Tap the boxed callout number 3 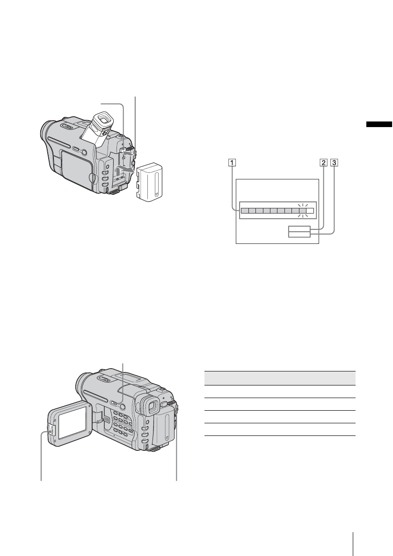click(x=333, y=164)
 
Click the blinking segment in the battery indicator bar click(x=302, y=211)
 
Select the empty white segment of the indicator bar click(x=310, y=211)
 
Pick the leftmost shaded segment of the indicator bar click(x=244, y=211)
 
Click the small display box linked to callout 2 click(x=298, y=228)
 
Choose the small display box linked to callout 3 click(x=298, y=234)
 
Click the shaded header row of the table click(x=280, y=378)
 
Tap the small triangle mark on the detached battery click(x=156, y=192)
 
